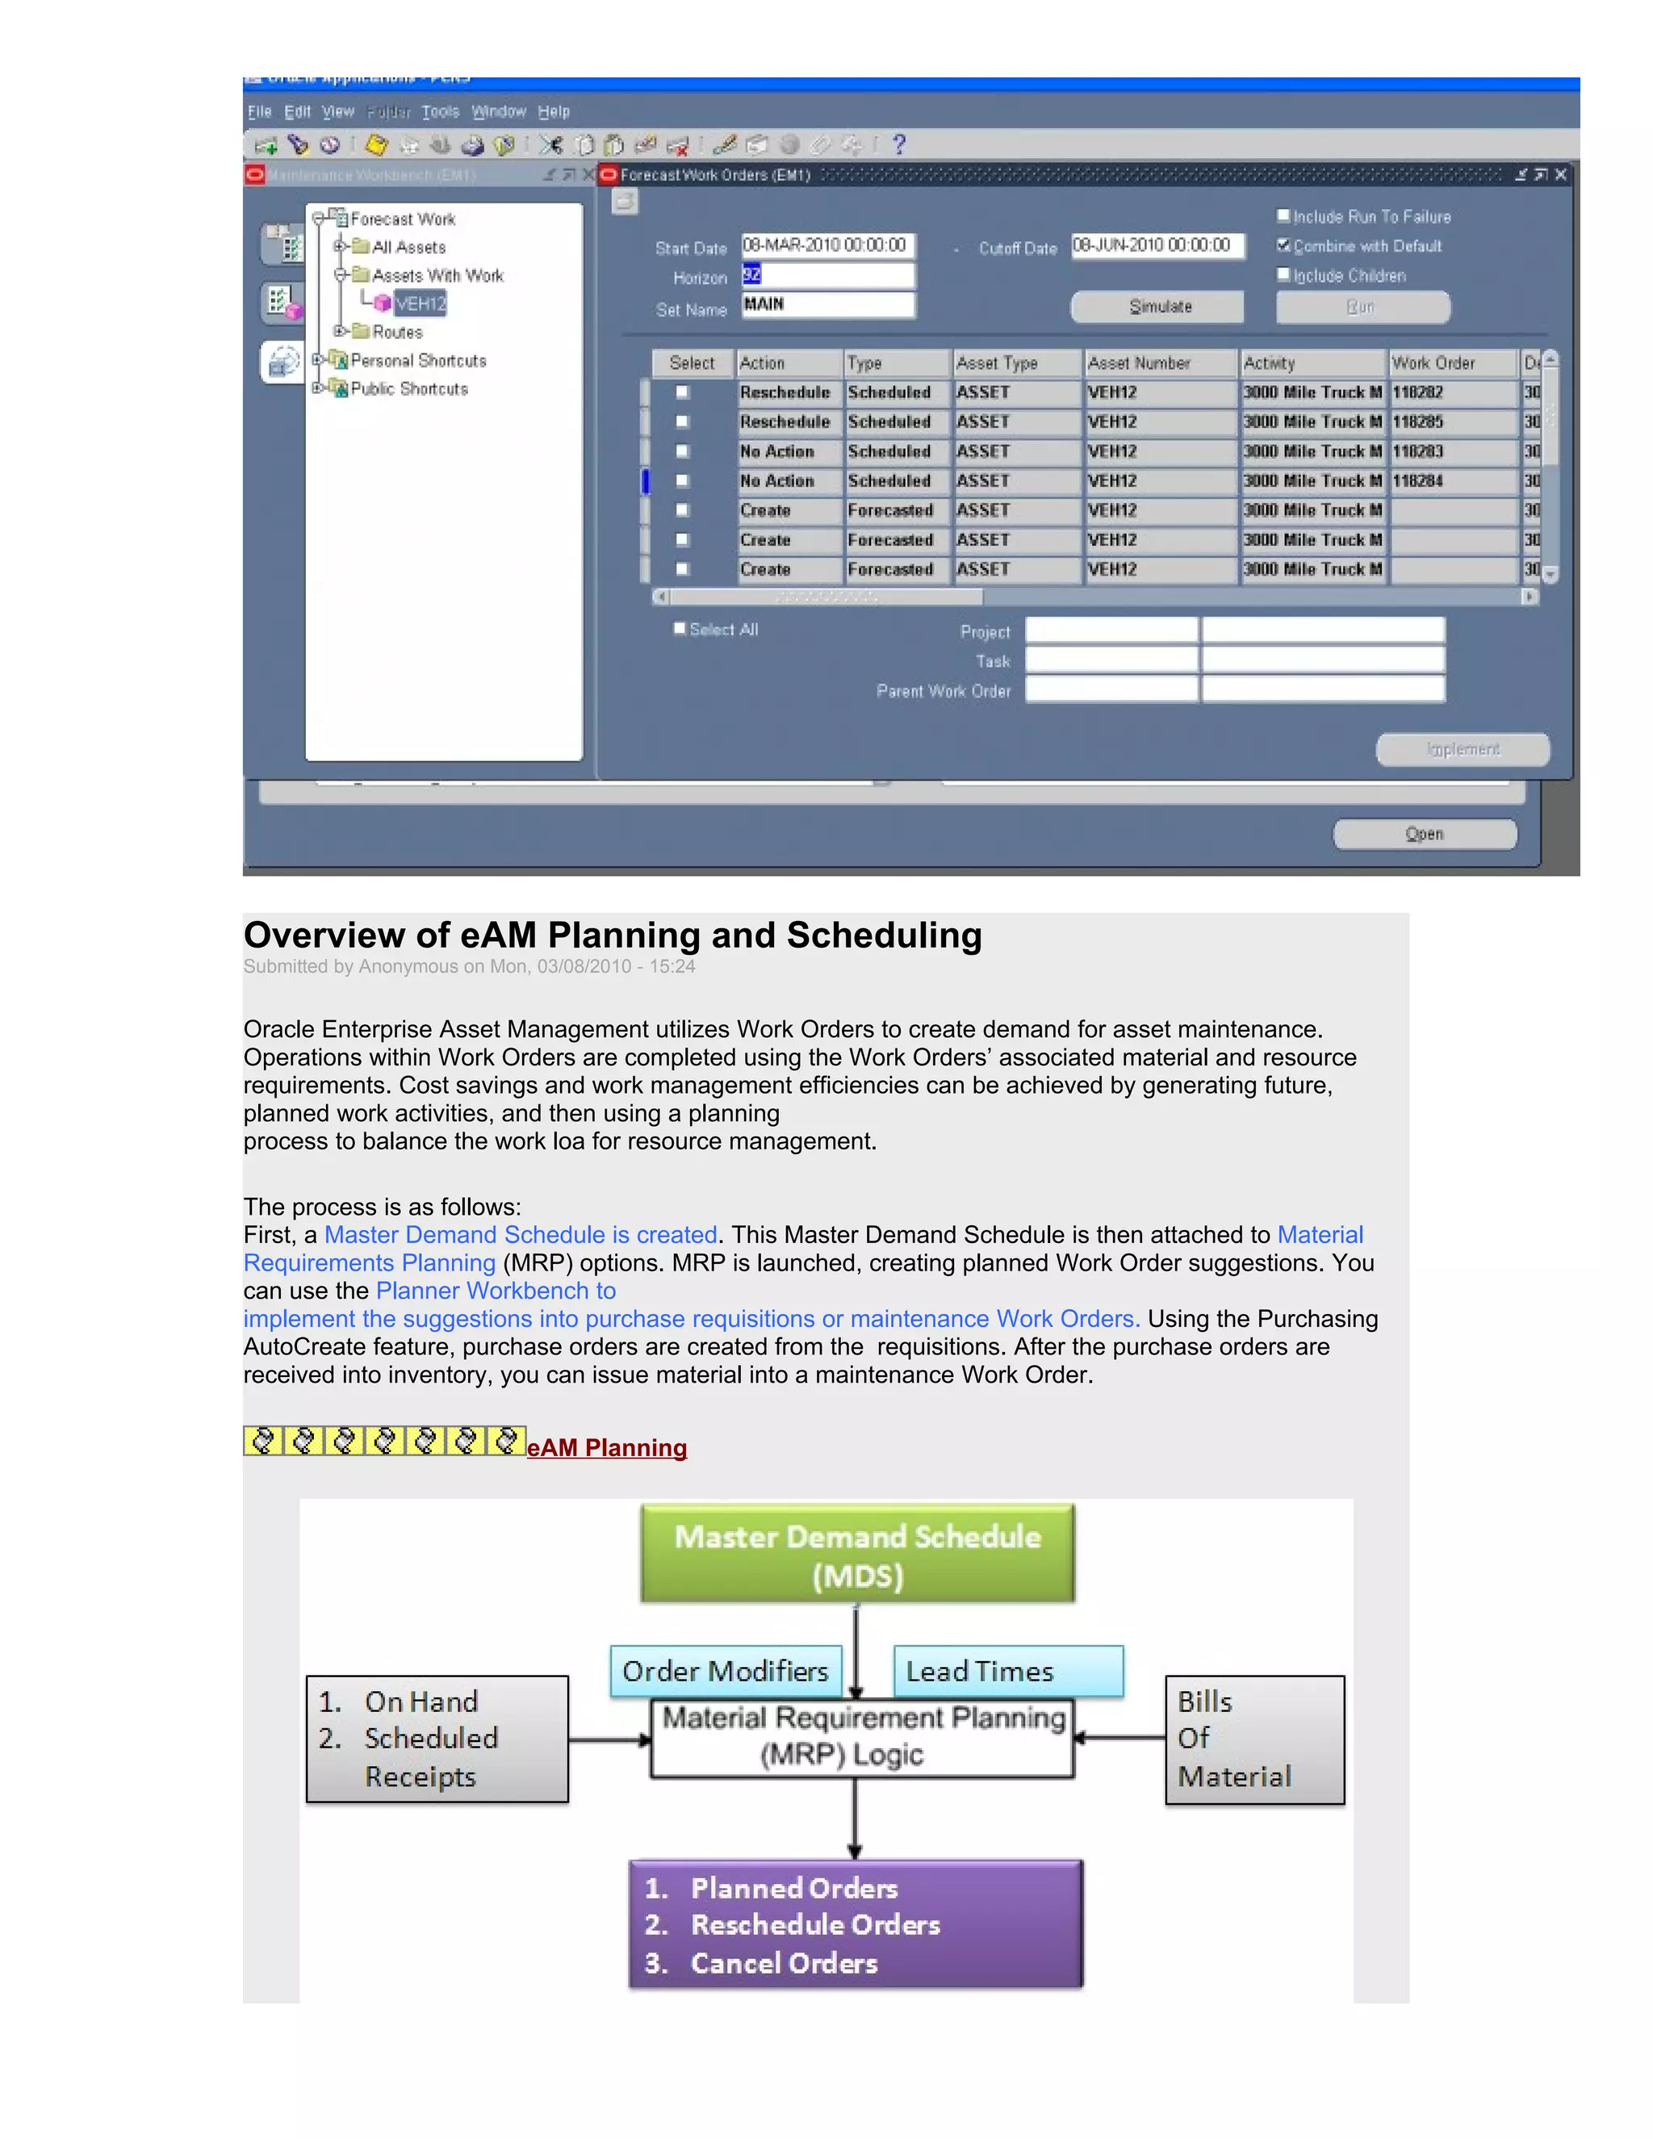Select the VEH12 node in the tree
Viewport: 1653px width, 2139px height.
[x=420, y=303]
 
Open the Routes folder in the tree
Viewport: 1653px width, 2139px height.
[x=396, y=332]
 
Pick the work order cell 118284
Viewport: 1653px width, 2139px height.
[x=1452, y=481]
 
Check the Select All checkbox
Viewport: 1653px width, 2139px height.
[x=680, y=629]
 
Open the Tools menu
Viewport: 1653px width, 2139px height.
[x=440, y=111]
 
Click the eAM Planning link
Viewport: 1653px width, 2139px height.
[x=606, y=1447]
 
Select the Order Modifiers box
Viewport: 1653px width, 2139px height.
[x=726, y=1671]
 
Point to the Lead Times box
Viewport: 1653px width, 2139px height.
[x=1007, y=1671]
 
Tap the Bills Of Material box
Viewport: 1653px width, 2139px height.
[x=1253, y=1739]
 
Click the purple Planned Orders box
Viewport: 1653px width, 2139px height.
[x=855, y=1923]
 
